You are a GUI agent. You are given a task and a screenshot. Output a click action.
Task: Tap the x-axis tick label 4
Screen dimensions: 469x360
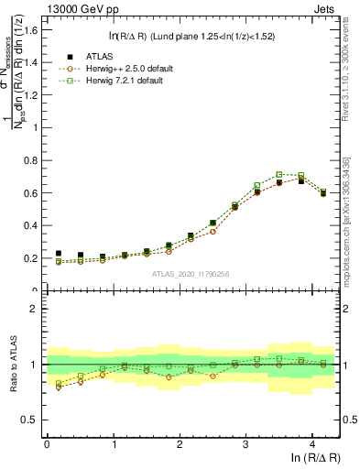tap(312, 443)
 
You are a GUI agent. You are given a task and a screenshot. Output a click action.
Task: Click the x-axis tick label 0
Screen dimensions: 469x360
tap(47, 443)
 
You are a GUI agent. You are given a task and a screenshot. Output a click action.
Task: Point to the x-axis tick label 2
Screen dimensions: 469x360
tap(180, 443)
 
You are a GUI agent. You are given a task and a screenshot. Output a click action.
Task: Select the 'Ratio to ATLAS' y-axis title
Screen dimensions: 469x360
tap(12, 364)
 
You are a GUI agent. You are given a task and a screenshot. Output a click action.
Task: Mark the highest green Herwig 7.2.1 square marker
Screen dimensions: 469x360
tap(279, 174)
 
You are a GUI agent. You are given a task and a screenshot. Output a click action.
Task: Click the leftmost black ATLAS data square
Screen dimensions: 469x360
tap(59, 254)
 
